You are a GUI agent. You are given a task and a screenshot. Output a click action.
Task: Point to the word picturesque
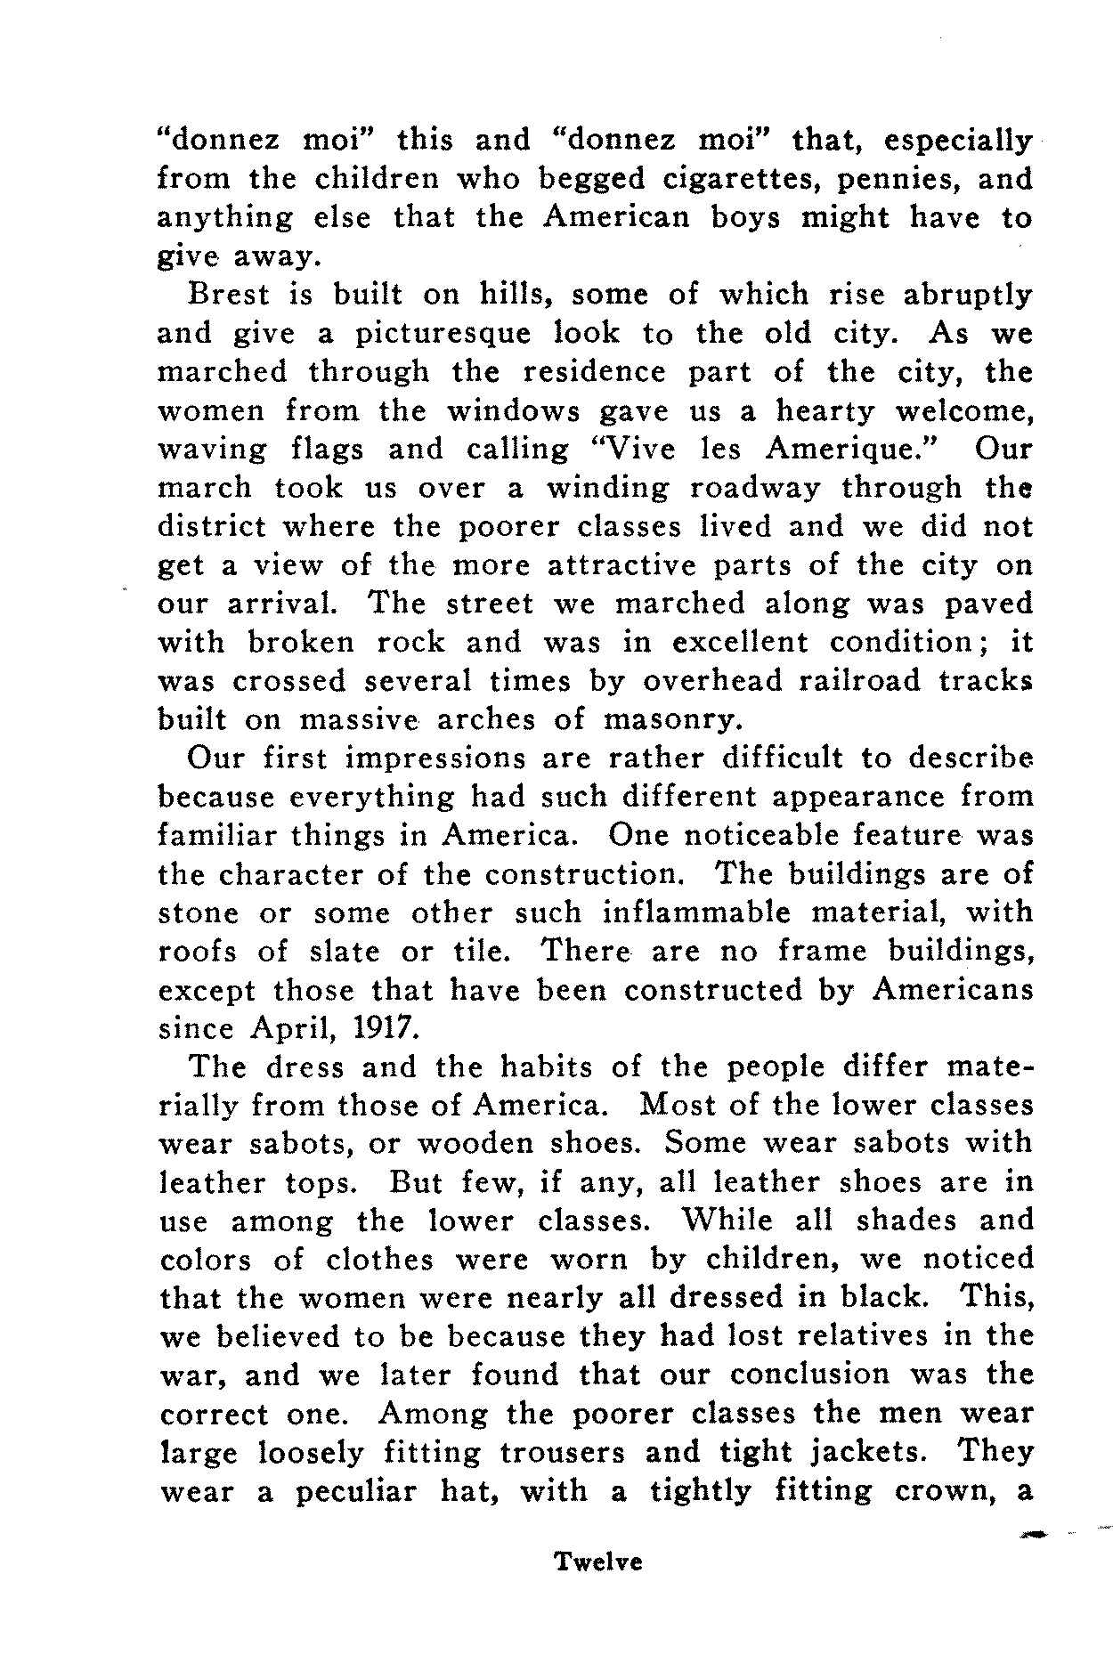click(443, 335)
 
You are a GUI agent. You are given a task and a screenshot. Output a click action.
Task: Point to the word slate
click(345, 952)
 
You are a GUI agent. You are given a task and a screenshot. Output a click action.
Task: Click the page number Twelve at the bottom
click(597, 1586)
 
